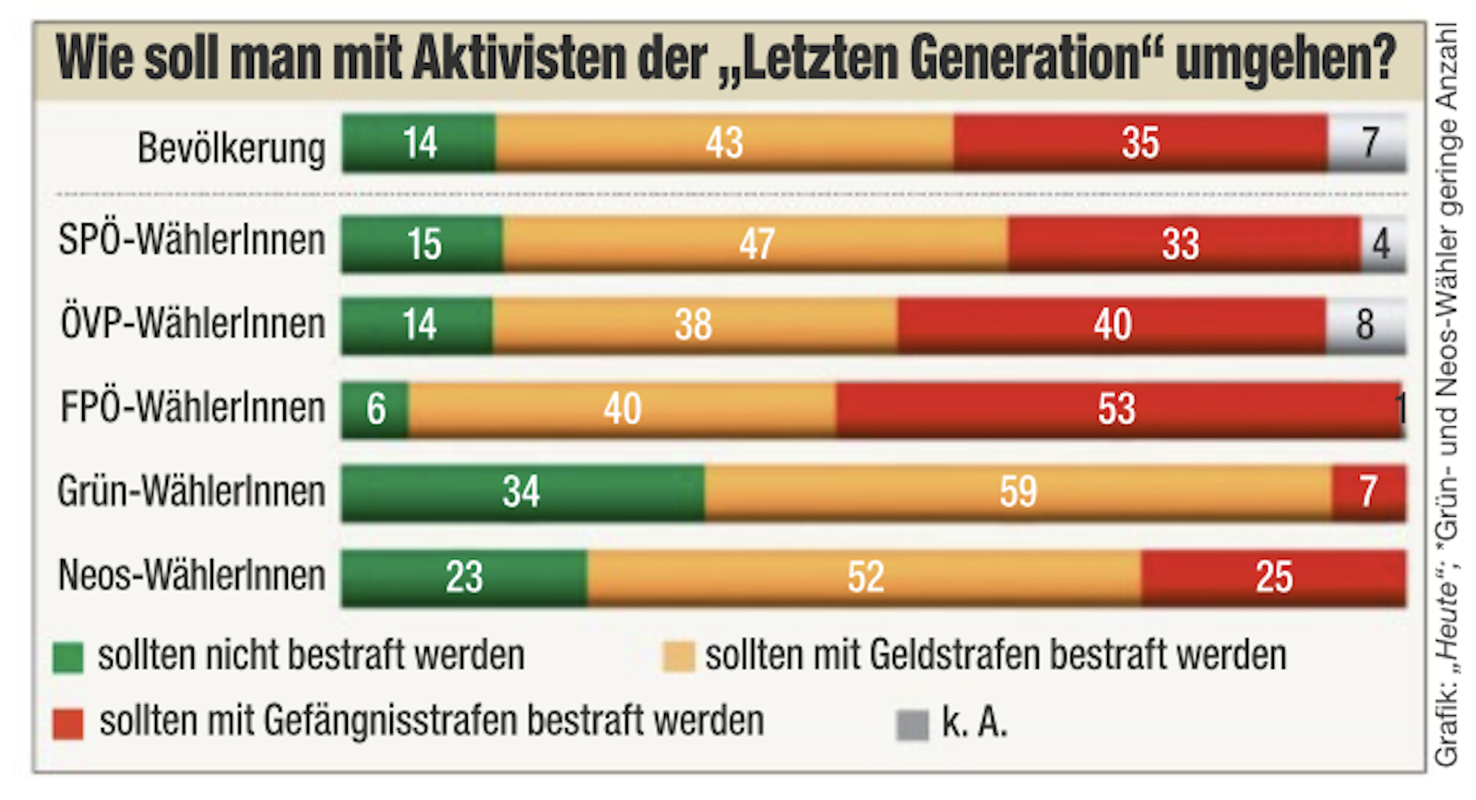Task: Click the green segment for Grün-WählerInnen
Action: (522, 493)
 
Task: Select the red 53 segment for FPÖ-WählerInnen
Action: (1117, 409)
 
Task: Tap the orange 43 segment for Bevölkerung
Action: (724, 143)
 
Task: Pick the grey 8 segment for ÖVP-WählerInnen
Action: (1365, 325)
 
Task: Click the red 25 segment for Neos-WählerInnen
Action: (1273, 578)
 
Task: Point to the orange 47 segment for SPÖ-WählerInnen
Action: (756, 244)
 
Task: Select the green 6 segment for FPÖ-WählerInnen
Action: (375, 409)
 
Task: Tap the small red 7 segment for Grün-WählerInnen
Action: (1369, 493)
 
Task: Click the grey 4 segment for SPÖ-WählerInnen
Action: (1382, 244)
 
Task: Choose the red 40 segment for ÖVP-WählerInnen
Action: (1112, 325)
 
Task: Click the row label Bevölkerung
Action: (231, 148)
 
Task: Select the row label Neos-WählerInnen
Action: (192, 575)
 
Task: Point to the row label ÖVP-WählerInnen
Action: (193, 324)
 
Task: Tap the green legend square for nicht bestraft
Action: (68, 657)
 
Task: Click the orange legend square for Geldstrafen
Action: (678, 657)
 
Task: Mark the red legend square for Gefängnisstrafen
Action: (68, 722)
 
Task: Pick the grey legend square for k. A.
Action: (911, 724)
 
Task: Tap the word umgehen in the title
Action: (1285, 59)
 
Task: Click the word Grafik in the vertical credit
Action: (1446, 734)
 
